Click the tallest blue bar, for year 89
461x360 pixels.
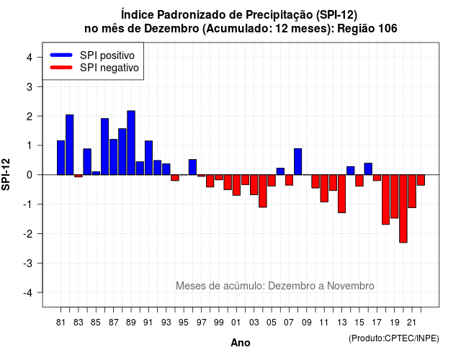coord(131,143)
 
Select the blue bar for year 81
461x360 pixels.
coord(61,158)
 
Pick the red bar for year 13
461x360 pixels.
coord(341,194)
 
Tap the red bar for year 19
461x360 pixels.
coord(395,197)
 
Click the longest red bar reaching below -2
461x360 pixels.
coord(403,209)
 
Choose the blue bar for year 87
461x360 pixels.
coord(114,157)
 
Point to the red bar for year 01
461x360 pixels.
coord(236,185)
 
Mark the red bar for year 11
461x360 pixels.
coord(324,189)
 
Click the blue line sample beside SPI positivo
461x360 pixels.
coord(61,55)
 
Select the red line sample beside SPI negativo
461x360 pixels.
coord(61,68)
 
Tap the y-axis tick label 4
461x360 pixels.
coord(30,58)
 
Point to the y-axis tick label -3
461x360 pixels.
coord(28,264)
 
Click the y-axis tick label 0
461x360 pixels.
coord(30,175)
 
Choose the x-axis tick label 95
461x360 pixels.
coord(184,323)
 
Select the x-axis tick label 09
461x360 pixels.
coord(307,323)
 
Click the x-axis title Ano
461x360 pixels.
coord(241,343)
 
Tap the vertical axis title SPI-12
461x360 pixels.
coord(6,174)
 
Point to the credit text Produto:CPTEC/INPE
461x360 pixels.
coord(394,338)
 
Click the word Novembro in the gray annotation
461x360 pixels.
coord(351,286)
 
